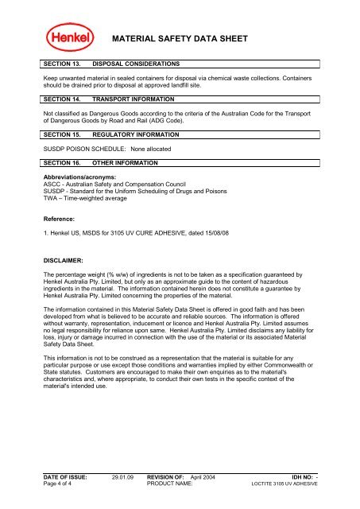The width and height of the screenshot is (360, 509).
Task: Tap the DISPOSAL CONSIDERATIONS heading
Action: (137, 62)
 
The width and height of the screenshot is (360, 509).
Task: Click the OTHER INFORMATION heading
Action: (126, 163)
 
